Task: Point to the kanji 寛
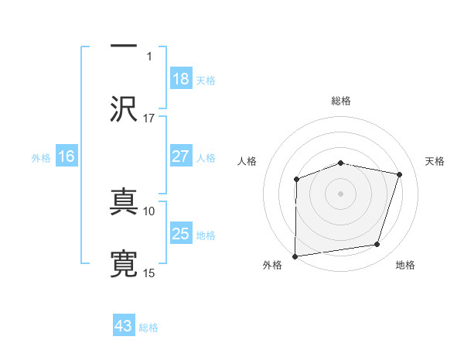(x=125, y=264)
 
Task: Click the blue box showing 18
(x=180, y=79)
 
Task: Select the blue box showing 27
(x=180, y=156)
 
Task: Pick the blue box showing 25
(x=180, y=234)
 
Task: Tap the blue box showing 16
(x=67, y=156)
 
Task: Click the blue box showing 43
(x=124, y=326)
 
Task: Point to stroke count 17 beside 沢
(x=149, y=118)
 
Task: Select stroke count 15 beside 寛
(x=149, y=273)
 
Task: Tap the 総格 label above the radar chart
(x=341, y=101)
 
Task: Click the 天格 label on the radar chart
(x=435, y=161)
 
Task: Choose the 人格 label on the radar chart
(x=247, y=161)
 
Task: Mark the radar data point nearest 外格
(x=295, y=256)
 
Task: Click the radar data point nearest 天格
(x=400, y=174)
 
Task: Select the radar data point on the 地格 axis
(x=377, y=245)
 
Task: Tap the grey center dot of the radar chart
(x=341, y=194)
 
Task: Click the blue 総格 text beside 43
(x=148, y=327)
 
